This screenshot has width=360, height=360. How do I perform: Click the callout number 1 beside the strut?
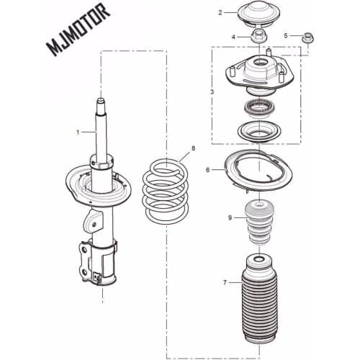pos(80,132)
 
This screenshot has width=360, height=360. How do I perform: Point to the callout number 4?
pos(233,36)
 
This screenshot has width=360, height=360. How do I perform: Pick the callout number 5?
pos(286,35)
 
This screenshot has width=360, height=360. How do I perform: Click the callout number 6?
pos(209,170)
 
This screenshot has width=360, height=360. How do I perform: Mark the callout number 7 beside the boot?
pos(225,282)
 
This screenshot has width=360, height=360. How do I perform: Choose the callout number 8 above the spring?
pos(193,149)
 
